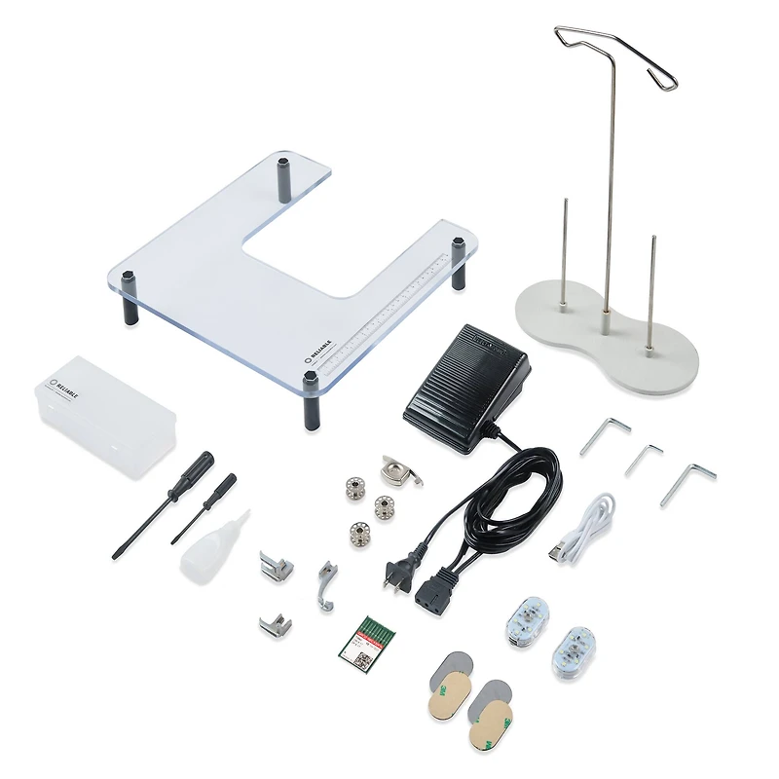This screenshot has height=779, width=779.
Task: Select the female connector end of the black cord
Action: [x=433, y=591]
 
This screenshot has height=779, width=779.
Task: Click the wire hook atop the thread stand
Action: [x=615, y=54]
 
